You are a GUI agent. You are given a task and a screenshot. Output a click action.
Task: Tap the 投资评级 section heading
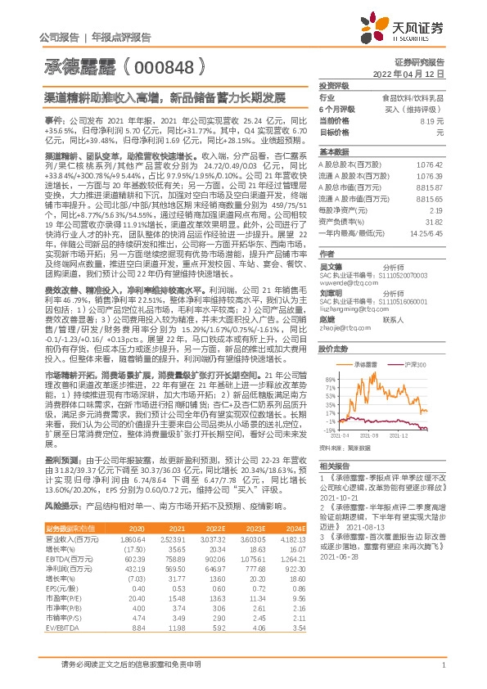[334, 85]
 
